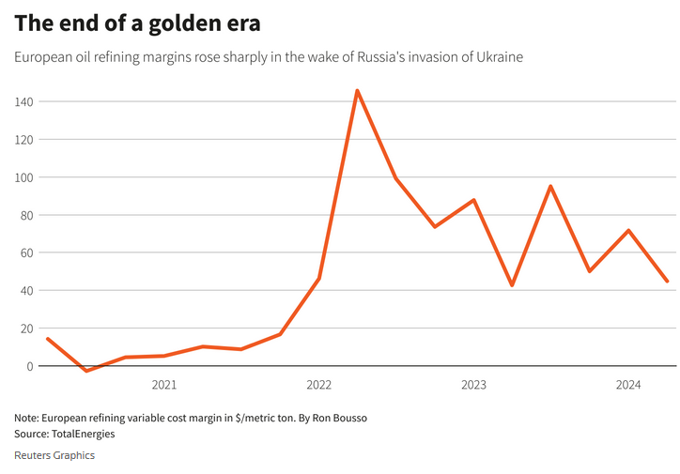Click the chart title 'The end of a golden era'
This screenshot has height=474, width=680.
pos(137,22)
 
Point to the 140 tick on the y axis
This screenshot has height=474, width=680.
pos(23,101)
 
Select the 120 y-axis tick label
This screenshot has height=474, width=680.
pos(23,139)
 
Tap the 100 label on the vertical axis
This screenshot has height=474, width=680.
pos(23,176)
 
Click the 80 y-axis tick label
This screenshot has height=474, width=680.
pos(26,215)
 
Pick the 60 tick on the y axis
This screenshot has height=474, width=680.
pos(26,252)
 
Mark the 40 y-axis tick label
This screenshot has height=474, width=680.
pos(26,290)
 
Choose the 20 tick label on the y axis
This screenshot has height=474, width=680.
pos(26,329)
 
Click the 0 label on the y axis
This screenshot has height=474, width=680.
pos(30,366)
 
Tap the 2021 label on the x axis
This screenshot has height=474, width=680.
pos(163,385)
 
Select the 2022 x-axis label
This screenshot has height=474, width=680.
pos(318,385)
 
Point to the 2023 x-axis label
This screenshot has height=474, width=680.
pos(473,385)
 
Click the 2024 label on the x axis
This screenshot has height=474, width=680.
pos(627,385)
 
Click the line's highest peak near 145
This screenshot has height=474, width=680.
pos(357,91)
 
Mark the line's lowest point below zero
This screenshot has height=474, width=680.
pos(86,371)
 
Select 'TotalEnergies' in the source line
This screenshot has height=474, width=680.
pos(84,434)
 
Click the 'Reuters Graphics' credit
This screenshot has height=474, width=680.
pos(54,455)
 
